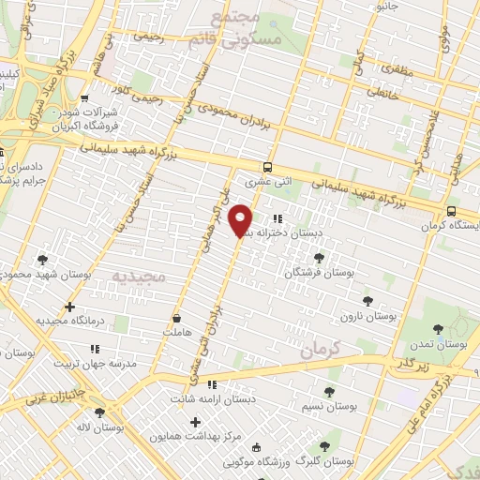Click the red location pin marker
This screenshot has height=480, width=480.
(241, 220)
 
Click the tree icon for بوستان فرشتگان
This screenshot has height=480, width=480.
(320, 257)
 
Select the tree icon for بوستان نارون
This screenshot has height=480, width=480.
(365, 302)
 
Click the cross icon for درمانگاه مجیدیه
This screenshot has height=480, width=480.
(69, 307)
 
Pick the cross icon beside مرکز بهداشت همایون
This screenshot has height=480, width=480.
(195, 423)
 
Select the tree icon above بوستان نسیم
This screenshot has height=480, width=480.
(329, 393)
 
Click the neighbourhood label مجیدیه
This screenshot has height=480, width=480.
(138, 277)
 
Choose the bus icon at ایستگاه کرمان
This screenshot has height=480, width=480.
(452, 211)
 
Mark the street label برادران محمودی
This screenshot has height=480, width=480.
(233, 116)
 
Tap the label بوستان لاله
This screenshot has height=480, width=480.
(104, 427)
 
